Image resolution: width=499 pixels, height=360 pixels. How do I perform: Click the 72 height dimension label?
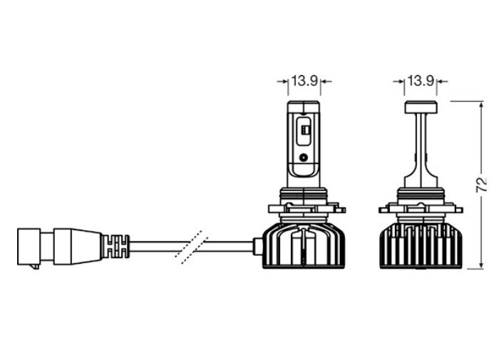481,185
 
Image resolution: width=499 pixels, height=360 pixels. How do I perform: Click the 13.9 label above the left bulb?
304,81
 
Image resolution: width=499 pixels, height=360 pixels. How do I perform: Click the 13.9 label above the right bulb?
421,81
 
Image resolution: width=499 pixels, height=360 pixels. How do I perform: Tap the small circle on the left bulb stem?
304,157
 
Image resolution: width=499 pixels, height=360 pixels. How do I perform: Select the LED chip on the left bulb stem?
304,130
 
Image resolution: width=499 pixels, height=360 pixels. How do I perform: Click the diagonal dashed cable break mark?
192,247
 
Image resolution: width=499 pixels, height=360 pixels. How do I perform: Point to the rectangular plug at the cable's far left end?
29,247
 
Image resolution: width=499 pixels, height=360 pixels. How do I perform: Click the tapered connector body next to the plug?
78,247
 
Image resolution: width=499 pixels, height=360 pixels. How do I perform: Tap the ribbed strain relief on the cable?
116,246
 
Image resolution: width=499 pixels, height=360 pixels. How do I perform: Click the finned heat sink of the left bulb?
304,245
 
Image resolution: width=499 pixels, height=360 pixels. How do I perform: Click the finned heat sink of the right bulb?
421,245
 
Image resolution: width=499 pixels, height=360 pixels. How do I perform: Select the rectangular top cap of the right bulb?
421,107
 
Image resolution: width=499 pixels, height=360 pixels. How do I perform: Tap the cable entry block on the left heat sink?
257,247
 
